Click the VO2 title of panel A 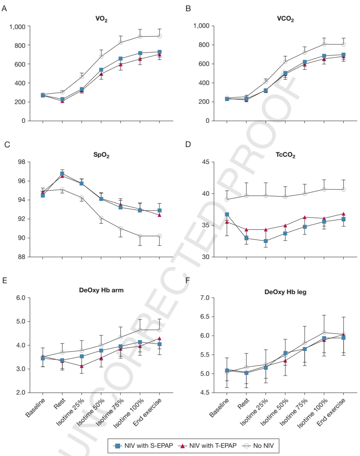pyautogui.click(x=101, y=19)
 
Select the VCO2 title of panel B pyautogui.click(x=285, y=19)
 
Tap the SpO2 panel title pyautogui.click(x=101, y=155)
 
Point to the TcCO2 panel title pyautogui.click(x=285, y=155)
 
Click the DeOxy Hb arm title pyautogui.click(x=101, y=290)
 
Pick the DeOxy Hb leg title pyautogui.click(x=285, y=292)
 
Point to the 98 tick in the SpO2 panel pyautogui.click(x=22, y=162)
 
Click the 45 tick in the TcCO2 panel pyautogui.click(x=206, y=162)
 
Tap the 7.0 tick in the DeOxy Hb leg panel pyautogui.click(x=205, y=298)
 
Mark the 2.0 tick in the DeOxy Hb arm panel pyautogui.click(x=21, y=393)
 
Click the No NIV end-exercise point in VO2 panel pyautogui.click(x=160, y=36)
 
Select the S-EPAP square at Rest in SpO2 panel pyautogui.click(x=62, y=174)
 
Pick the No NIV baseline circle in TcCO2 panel pyautogui.click(x=227, y=199)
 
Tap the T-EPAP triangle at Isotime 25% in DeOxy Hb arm pyautogui.click(x=82, y=366)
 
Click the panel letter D pyautogui.click(x=188, y=144)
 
